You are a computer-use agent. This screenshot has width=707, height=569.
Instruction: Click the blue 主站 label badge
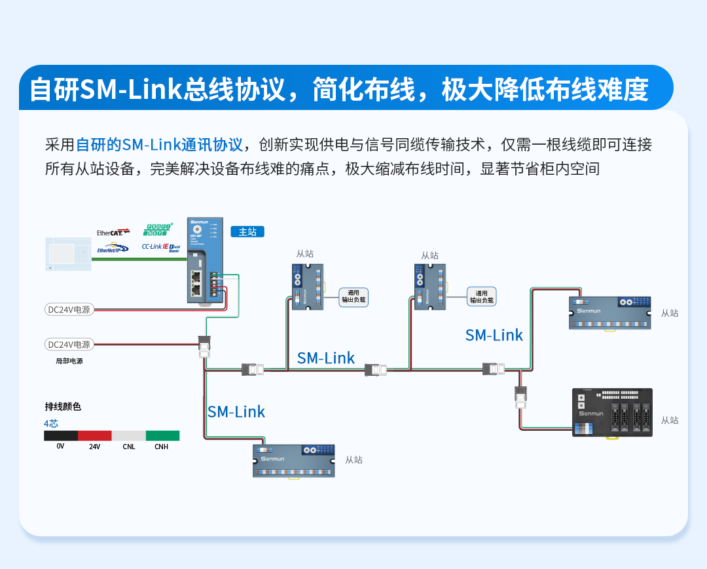pyautogui.click(x=247, y=232)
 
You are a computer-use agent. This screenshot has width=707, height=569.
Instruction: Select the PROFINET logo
pyautogui.click(x=158, y=229)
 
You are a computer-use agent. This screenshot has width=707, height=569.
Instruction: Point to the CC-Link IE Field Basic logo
pyautogui.click(x=160, y=248)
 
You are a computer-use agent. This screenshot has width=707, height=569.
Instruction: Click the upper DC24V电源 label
pyautogui.click(x=69, y=309)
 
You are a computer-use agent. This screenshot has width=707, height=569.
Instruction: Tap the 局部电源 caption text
pyautogui.click(x=69, y=361)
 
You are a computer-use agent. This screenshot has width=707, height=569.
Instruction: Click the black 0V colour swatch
pyautogui.click(x=61, y=435)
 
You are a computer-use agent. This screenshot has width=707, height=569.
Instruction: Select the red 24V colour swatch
pyautogui.click(x=95, y=435)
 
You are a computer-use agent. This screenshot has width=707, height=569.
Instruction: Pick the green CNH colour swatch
pyautogui.click(x=162, y=435)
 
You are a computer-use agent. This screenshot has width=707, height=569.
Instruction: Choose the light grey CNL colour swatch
pyautogui.click(x=128, y=435)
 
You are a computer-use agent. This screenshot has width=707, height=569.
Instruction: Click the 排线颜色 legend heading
pyautogui.click(x=63, y=407)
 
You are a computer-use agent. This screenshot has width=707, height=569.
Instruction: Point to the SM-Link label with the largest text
pyautogui.click(x=236, y=412)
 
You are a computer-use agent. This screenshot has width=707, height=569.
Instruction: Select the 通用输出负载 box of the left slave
pyautogui.click(x=353, y=297)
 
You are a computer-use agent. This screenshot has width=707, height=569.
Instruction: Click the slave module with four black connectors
pyautogui.click(x=612, y=413)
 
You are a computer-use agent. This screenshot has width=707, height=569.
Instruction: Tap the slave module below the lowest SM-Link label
pyautogui.click(x=294, y=460)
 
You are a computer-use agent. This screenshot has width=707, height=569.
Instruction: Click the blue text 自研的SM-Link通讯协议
pyautogui.click(x=160, y=145)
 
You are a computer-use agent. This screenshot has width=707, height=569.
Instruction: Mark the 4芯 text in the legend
pyautogui.click(x=51, y=424)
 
